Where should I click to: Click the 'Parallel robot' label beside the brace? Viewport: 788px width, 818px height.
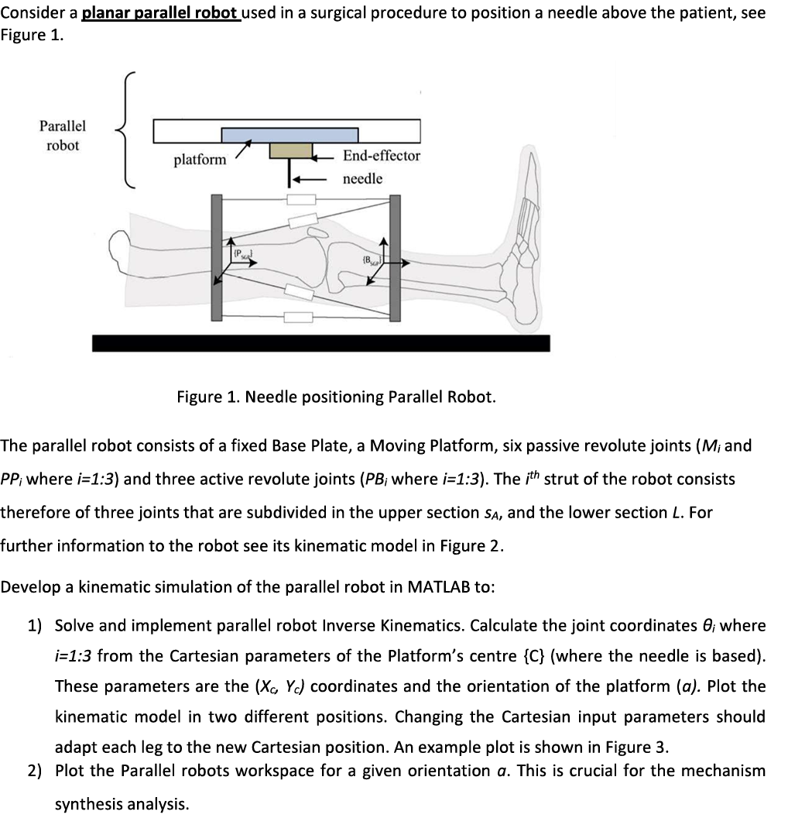tap(63, 136)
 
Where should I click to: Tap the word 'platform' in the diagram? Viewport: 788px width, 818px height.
tap(200, 160)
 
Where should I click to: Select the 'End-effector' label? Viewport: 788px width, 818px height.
tap(382, 156)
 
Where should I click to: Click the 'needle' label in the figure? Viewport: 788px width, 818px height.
tap(362, 179)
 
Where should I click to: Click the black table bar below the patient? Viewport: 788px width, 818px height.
tap(320, 342)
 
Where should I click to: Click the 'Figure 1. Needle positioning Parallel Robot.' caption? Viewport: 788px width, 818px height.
tap(336, 397)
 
